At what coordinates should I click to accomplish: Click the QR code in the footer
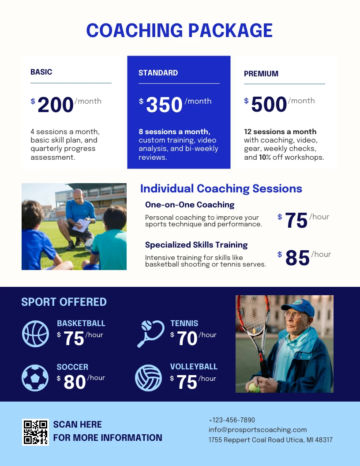click(x=35, y=432)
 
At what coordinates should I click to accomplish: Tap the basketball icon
click(x=35, y=334)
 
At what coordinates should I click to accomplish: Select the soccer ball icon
click(x=35, y=377)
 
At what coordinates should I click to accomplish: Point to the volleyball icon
click(x=149, y=378)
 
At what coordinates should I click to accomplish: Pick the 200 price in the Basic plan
click(x=56, y=105)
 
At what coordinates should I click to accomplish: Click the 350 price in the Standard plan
click(x=164, y=105)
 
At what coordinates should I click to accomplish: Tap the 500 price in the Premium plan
click(x=269, y=105)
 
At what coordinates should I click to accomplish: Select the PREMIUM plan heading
click(x=261, y=74)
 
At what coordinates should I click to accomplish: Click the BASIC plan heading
click(x=41, y=72)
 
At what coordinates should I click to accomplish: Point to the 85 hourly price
click(x=297, y=258)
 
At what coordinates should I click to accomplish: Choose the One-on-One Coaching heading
click(x=190, y=205)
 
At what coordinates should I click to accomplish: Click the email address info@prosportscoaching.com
click(x=258, y=430)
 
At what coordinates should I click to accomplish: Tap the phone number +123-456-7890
click(x=232, y=420)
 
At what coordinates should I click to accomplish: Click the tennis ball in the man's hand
click(x=253, y=387)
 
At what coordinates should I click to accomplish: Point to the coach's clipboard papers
click(x=82, y=225)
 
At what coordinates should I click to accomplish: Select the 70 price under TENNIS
click(x=187, y=339)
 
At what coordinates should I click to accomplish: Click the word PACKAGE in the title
click(x=230, y=30)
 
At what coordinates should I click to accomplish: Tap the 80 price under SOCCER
click(x=75, y=382)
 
